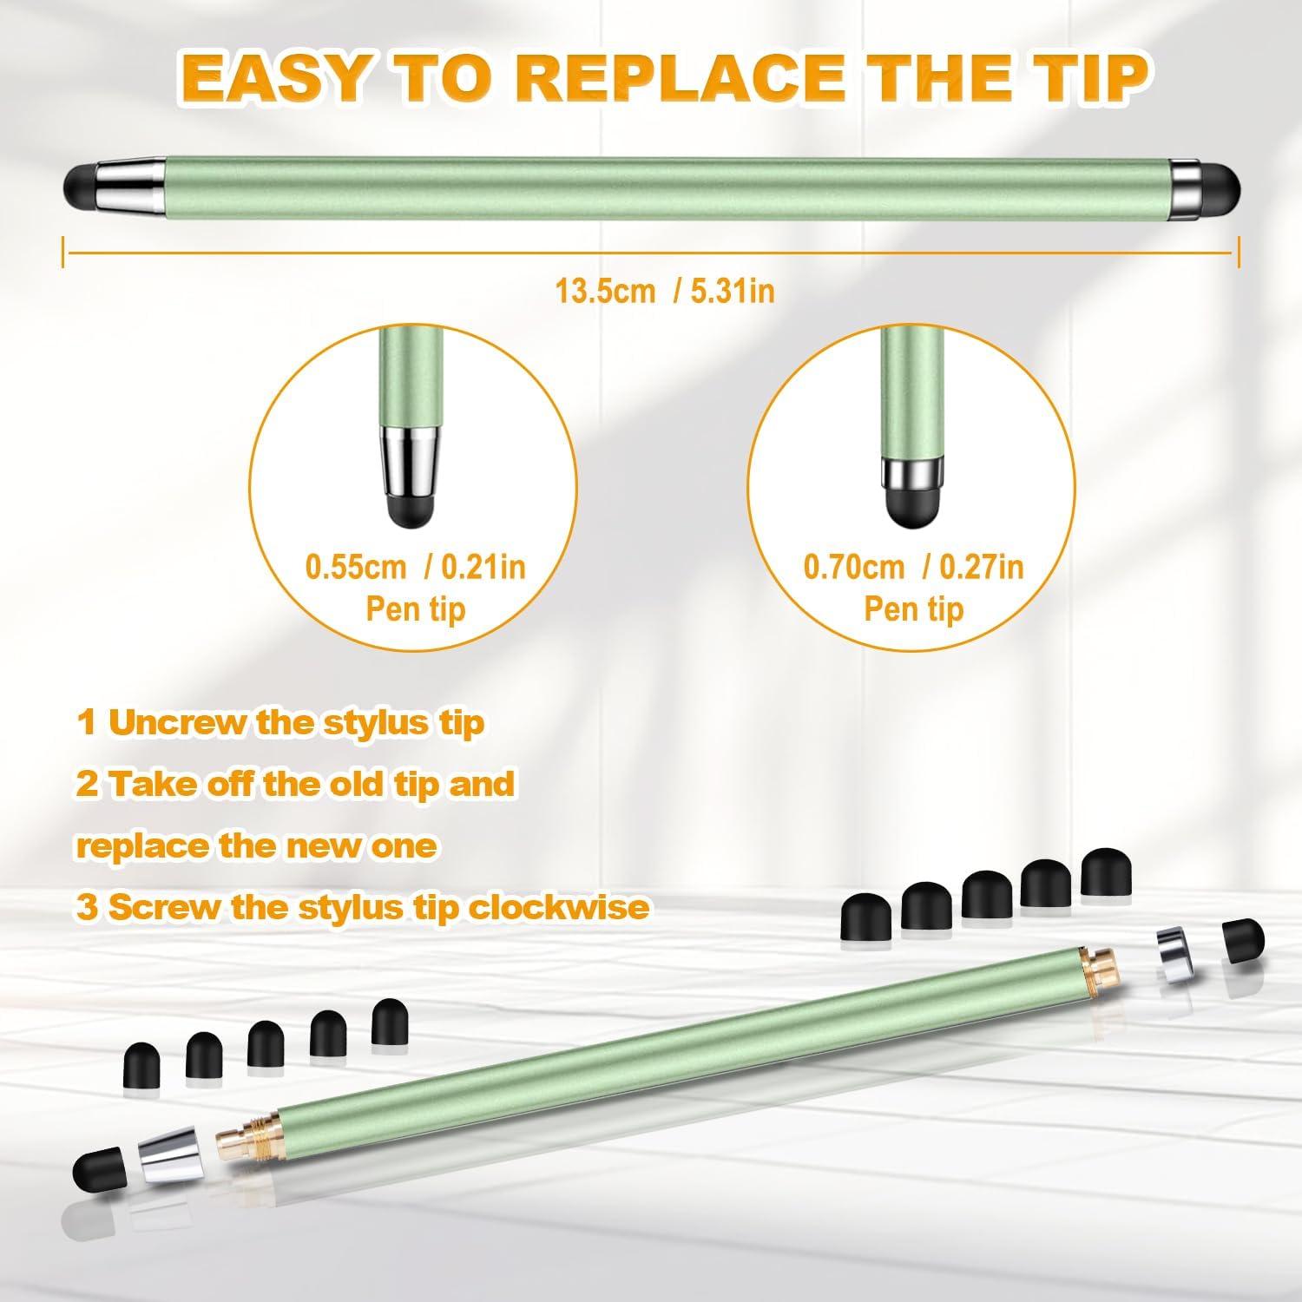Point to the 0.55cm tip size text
pyautogui.click(x=356, y=568)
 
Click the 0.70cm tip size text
pyautogui.click(x=854, y=568)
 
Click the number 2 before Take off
pyautogui.click(x=87, y=785)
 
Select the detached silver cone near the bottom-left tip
pyautogui.click(x=163, y=1153)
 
